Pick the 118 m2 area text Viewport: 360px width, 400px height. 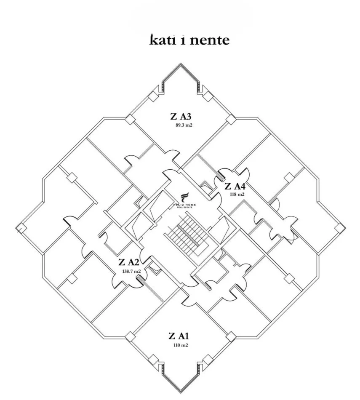click(x=237, y=195)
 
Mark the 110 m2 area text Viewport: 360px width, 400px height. click(x=180, y=345)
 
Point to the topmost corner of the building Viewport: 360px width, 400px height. click(x=181, y=64)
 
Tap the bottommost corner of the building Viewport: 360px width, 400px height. click(x=181, y=393)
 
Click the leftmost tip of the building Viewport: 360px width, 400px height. click(x=16, y=228)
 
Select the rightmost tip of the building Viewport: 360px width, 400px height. click(x=346, y=228)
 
